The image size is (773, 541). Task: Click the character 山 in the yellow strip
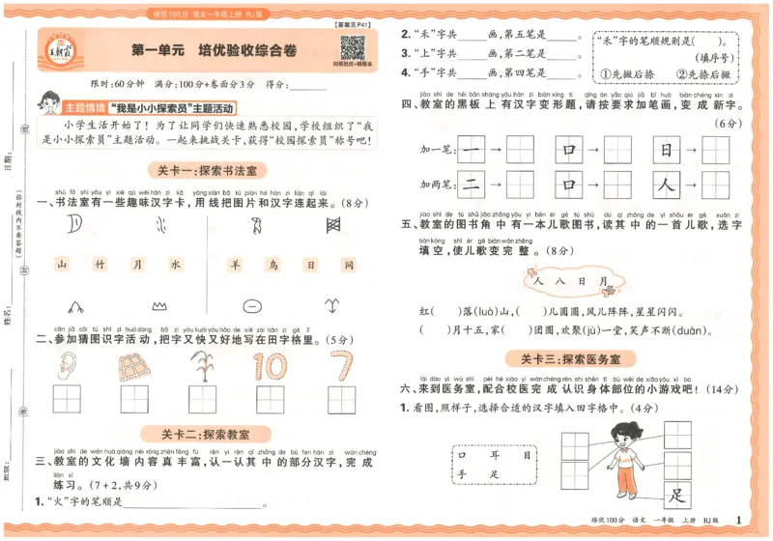pos(62,264)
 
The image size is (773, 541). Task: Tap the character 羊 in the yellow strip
pos(235,264)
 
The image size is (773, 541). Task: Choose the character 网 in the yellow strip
pos(349,264)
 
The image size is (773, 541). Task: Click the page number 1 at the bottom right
pos(739,523)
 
